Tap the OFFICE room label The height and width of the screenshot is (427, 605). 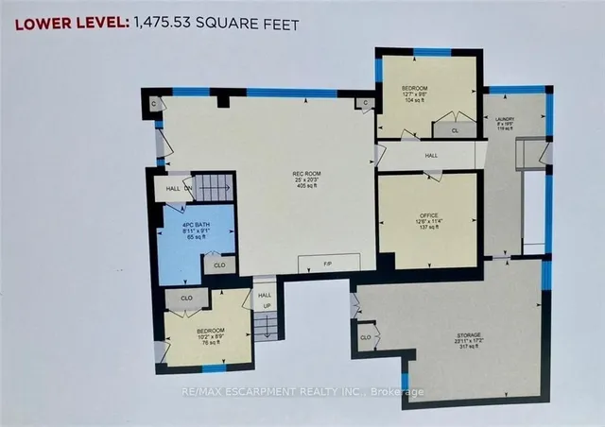(x=428, y=216)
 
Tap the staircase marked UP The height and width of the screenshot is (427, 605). (x=267, y=317)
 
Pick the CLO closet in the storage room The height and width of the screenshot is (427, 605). (x=365, y=336)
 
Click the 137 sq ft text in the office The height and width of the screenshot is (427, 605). (x=428, y=231)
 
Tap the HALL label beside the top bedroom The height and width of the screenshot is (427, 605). (x=431, y=156)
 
